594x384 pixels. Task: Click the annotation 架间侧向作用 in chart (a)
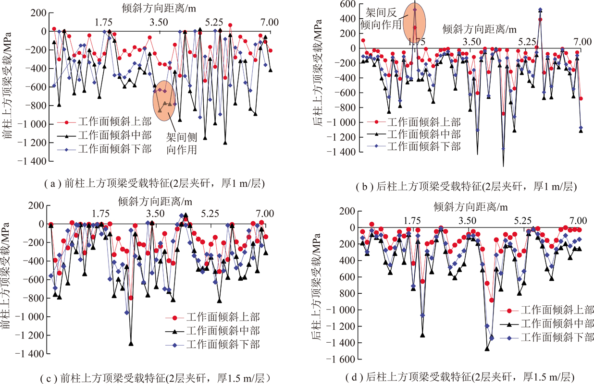(x=183, y=143)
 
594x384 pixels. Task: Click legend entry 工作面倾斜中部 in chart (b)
(x=418, y=133)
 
